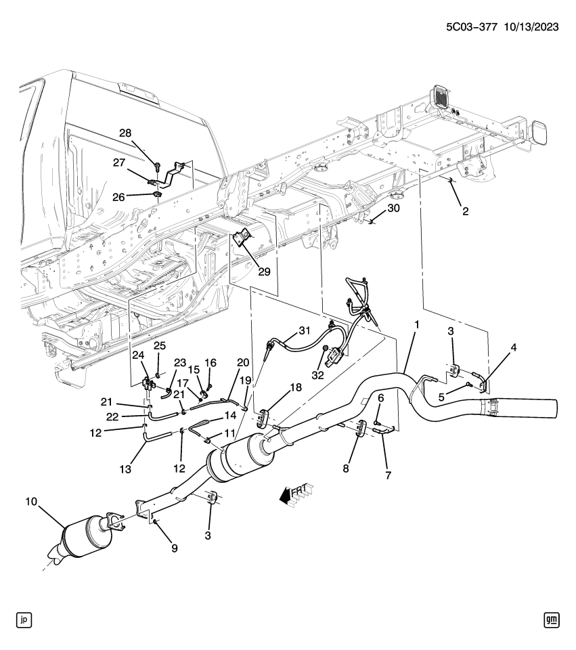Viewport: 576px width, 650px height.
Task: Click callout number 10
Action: point(31,502)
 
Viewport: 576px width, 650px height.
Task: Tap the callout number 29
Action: point(264,272)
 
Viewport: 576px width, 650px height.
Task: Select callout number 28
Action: point(125,133)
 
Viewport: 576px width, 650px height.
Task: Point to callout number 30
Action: point(393,208)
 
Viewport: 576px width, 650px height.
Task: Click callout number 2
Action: point(466,211)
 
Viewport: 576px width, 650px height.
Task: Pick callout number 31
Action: point(305,330)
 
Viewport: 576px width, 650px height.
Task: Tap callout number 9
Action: point(175,548)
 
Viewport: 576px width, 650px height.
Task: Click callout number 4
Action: point(514,347)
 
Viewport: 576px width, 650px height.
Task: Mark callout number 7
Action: point(388,475)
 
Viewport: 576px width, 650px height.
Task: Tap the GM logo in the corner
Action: point(552,620)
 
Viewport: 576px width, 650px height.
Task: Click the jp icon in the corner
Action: point(24,620)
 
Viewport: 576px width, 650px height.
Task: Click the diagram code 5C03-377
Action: point(472,27)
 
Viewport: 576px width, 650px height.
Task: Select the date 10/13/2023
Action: point(531,27)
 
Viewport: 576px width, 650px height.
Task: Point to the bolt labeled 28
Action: point(158,166)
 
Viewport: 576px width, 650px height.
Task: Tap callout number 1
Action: point(417,324)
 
